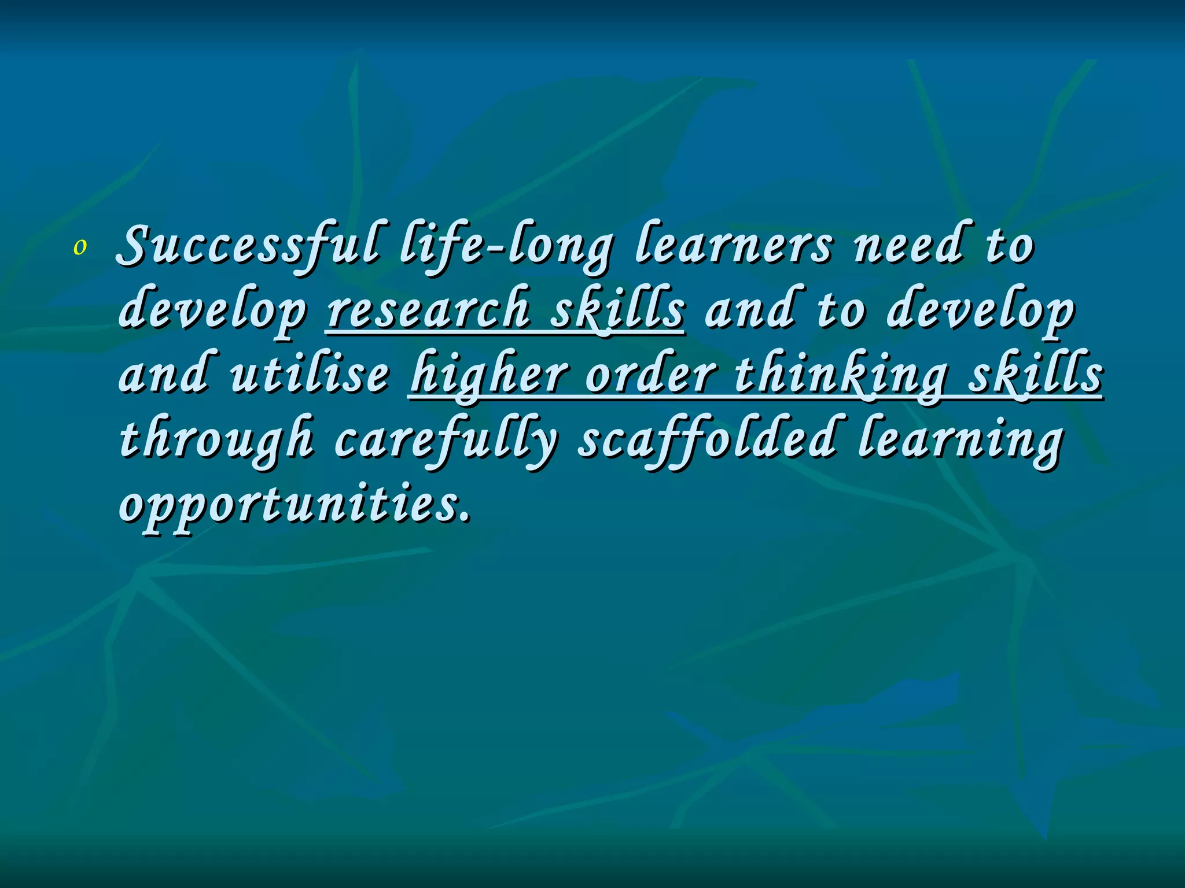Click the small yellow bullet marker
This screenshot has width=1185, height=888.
(80, 247)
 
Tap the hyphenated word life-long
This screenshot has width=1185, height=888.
(505, 246)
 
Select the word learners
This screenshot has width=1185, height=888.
(734, 246)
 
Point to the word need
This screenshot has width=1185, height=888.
(909, 246)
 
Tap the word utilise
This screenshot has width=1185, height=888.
(310, 375)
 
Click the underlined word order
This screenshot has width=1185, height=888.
(652, 375)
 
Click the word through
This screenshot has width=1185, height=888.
(216, 440)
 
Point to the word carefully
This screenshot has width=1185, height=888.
(446, 440)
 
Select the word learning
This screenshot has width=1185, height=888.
(960, 440)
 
